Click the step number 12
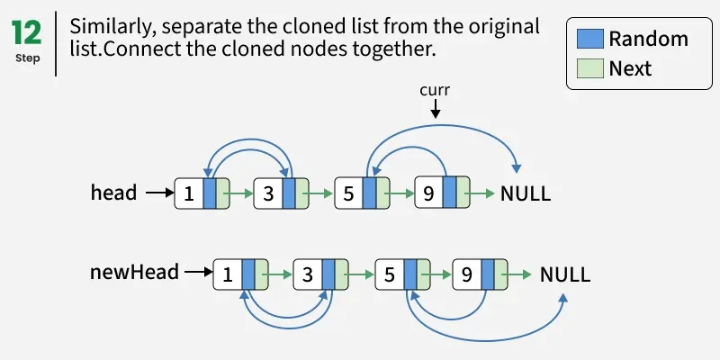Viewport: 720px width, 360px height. pyautogui.click(x=27, y=33)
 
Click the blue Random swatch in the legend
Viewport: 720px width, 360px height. pyautogui.click(x=589, y=39)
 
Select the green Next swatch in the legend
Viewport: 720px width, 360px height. pyautogui.click(x=589, y=67)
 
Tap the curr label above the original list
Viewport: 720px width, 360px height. pyautogui.click(x=435, y=90)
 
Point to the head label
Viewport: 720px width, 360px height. pyautogui.click(x=113, y=193)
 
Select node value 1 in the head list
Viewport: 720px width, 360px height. pyautogui.click(x=189, y=193)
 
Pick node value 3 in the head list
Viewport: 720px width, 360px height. pyautogui.click(x=268, y=193)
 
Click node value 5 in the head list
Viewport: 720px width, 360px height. pyautogui.click(x=348, y=193)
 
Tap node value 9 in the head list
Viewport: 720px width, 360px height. pyautogui.click(x=428, y=193)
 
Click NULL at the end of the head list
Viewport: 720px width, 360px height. pyautogui.click(x=526, y=193)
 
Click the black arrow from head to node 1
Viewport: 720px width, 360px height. pyautogui.click(x=158, y=193)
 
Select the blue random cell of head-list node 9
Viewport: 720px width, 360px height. pyautogui.click(x=450, y=193)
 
